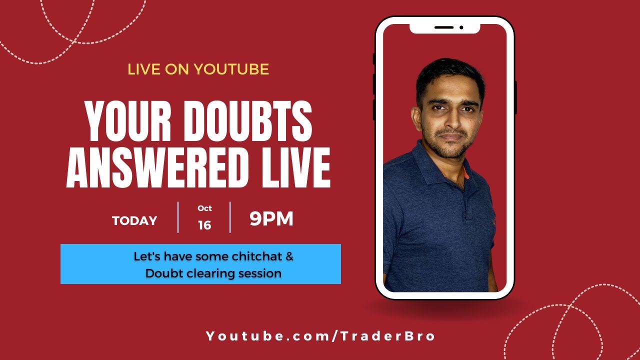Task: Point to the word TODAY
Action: (134, 220)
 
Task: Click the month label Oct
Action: (204, 208)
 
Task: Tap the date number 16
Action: (204, 225)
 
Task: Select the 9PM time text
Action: (271, 219)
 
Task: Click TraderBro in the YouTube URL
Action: (390, 336)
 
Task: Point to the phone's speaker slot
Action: (443, 27)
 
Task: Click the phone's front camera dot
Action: (461, 27)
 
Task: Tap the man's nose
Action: (451, 122)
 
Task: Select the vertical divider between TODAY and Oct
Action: (178, 217)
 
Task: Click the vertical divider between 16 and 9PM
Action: (230, 217)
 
